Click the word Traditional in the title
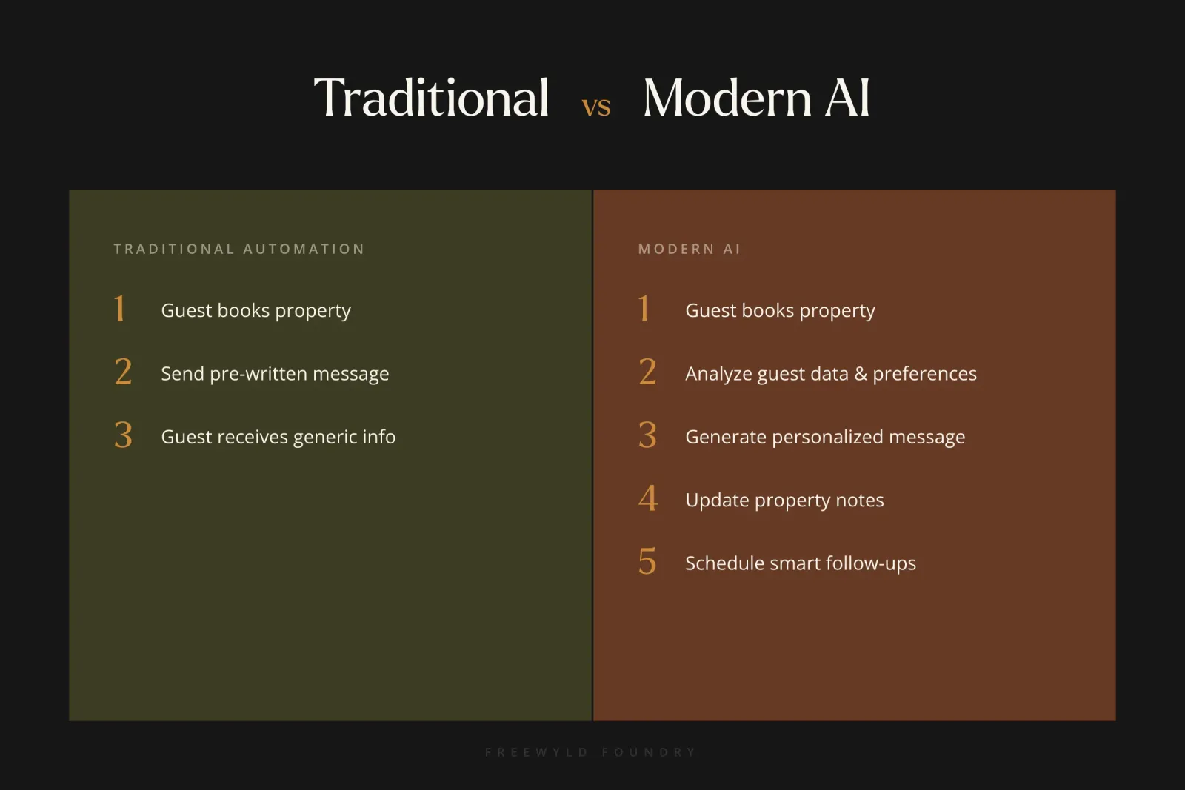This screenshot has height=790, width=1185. [431, 98]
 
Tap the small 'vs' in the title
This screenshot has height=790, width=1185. [596, 107]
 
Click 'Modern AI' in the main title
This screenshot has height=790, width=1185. [756, 98]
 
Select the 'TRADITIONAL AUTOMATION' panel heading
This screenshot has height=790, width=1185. [239, 249]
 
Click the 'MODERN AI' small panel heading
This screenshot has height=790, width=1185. [689, 249]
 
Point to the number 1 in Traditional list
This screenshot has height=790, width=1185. [120, 309]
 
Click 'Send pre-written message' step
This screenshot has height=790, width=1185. [275, 374]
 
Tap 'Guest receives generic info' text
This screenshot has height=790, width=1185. [278, 437]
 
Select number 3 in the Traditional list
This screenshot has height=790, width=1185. [123, 435]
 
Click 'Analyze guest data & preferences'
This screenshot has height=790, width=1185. [830, 374]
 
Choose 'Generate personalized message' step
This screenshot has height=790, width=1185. [825, 437]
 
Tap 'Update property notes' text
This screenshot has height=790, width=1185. [784, 501]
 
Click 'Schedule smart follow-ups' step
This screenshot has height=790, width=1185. [801, 563]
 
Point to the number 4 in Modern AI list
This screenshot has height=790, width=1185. [648, 498]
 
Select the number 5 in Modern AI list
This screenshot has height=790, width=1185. [647, 562]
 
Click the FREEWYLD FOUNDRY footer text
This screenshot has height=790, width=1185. [591, 752]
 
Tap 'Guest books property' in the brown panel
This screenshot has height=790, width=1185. [780, 310]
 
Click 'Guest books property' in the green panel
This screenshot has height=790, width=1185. [256, 310]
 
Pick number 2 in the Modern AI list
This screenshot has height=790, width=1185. [647, 372]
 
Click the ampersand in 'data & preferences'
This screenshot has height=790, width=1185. [861, 374]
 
